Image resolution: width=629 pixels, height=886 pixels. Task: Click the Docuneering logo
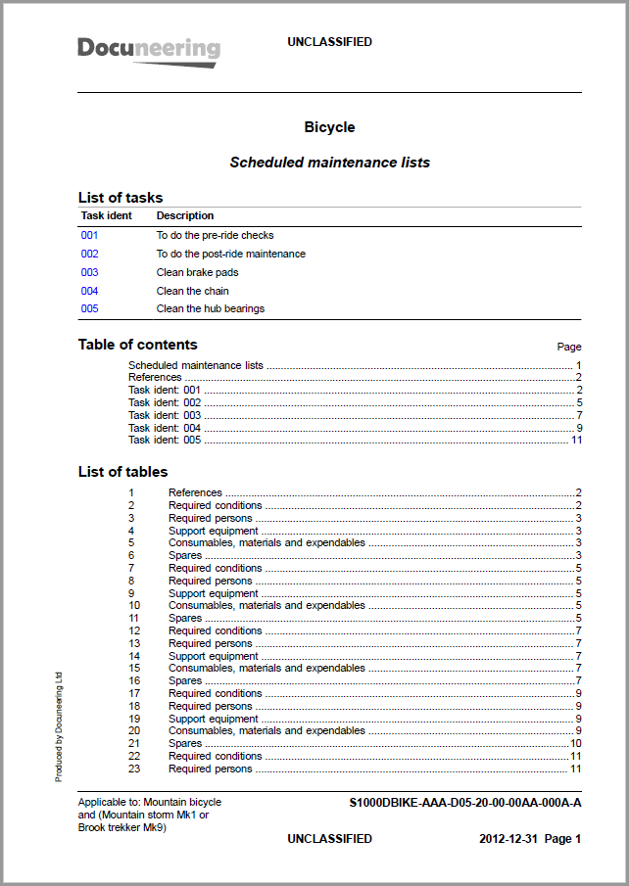[x=149, y=49]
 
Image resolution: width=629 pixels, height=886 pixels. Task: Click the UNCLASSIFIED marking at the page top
[x=329, y=42]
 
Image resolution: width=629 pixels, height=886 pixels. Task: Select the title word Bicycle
[x=329, y=127]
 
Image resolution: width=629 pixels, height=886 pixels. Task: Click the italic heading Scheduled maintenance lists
[x=329, y=163]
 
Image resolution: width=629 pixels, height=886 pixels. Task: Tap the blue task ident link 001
[x=90, y=235]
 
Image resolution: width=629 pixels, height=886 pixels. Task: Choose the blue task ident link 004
[x=90, y=291]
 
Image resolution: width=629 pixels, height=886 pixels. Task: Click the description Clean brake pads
[x=197, y=272]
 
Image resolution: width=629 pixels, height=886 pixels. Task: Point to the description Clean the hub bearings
[x=211, y=308]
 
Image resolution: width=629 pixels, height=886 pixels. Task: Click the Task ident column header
[x=106, y=215]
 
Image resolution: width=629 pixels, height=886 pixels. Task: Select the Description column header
[x=185, y=215]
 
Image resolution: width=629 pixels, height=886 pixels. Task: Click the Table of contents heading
[x=137, y=345]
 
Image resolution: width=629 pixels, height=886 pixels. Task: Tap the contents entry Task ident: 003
[x=165, y=415]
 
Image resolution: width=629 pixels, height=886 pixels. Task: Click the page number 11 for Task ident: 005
[x=576, y=440]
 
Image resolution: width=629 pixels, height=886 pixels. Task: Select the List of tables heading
[x=122, y=472]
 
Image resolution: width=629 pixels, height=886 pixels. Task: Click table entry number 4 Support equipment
[x=214, y=531]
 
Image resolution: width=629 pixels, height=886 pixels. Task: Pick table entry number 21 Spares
[x=185, y=743]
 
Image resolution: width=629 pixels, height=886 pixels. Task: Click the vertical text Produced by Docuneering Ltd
[x=59, y=725]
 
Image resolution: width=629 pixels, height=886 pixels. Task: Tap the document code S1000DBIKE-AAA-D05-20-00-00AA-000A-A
[x=465, y=803]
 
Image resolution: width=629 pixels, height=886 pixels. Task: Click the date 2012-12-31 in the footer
[x=508, y=839]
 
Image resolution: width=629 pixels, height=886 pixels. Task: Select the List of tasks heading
[x=121, y=198]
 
